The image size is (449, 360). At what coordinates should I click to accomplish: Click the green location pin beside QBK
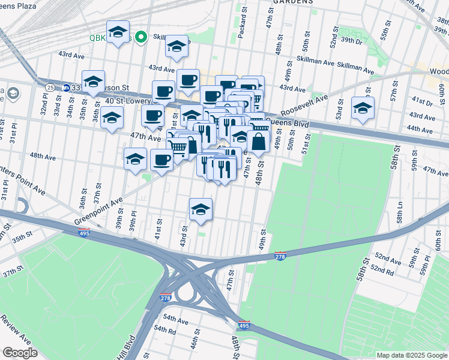(142, 38)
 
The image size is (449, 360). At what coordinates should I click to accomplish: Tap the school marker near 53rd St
(363, 109)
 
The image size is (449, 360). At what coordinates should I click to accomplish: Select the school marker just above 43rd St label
(200, 209)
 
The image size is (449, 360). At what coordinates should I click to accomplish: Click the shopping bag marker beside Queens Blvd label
(258, 142)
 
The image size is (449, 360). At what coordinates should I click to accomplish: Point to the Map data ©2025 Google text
(411, 355)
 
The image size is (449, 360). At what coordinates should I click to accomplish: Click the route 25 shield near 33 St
(50, 87)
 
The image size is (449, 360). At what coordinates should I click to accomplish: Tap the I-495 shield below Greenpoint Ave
(84, 233)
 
